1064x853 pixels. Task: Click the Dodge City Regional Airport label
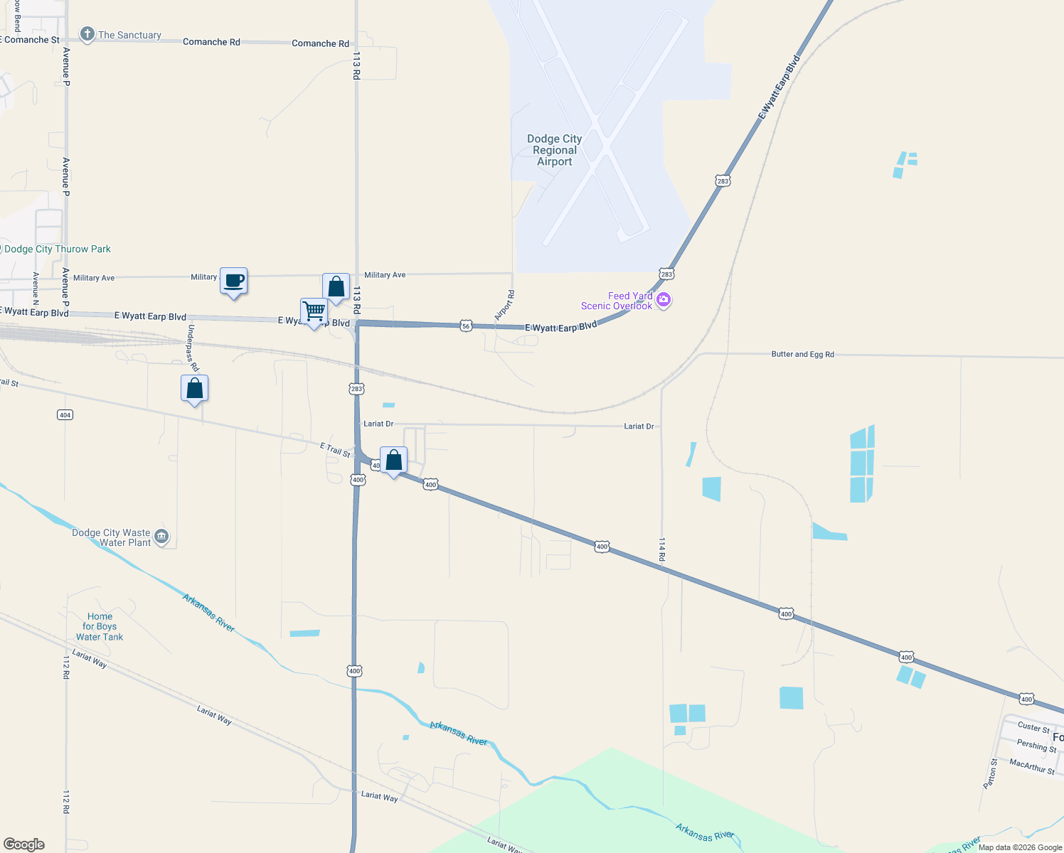click(x=554, y=150)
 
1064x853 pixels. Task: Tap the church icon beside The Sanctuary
click(x=87, y=34)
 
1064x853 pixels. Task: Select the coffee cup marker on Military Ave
click(x=233, y=281)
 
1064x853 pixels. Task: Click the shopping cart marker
click(x=314, y=311)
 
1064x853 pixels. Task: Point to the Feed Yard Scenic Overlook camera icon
click(x=664, y=300)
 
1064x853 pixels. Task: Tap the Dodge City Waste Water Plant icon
click(x=161, y=537)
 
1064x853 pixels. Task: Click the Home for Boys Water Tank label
click(x=100, y=627)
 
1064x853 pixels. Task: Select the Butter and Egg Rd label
click(x=802, y=354)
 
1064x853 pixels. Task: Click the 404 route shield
click(x=65, y=414)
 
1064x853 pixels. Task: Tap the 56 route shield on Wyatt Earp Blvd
click(x=466, y=326)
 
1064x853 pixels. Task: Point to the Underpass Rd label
click(x=193, y=348)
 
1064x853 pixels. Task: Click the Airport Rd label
click(x=504, y=305)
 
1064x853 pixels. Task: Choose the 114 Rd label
click(x=661, y=549)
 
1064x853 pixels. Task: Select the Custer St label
click(x=1033, y=727)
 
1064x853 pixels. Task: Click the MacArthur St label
click(x=1032, y=766)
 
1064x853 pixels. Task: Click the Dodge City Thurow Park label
click(x=58, y=249)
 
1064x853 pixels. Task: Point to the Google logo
click(x=24, y=844)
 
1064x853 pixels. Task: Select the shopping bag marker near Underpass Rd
click(x=194, y=389)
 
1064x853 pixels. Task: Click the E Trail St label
click(x=335, y=449)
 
